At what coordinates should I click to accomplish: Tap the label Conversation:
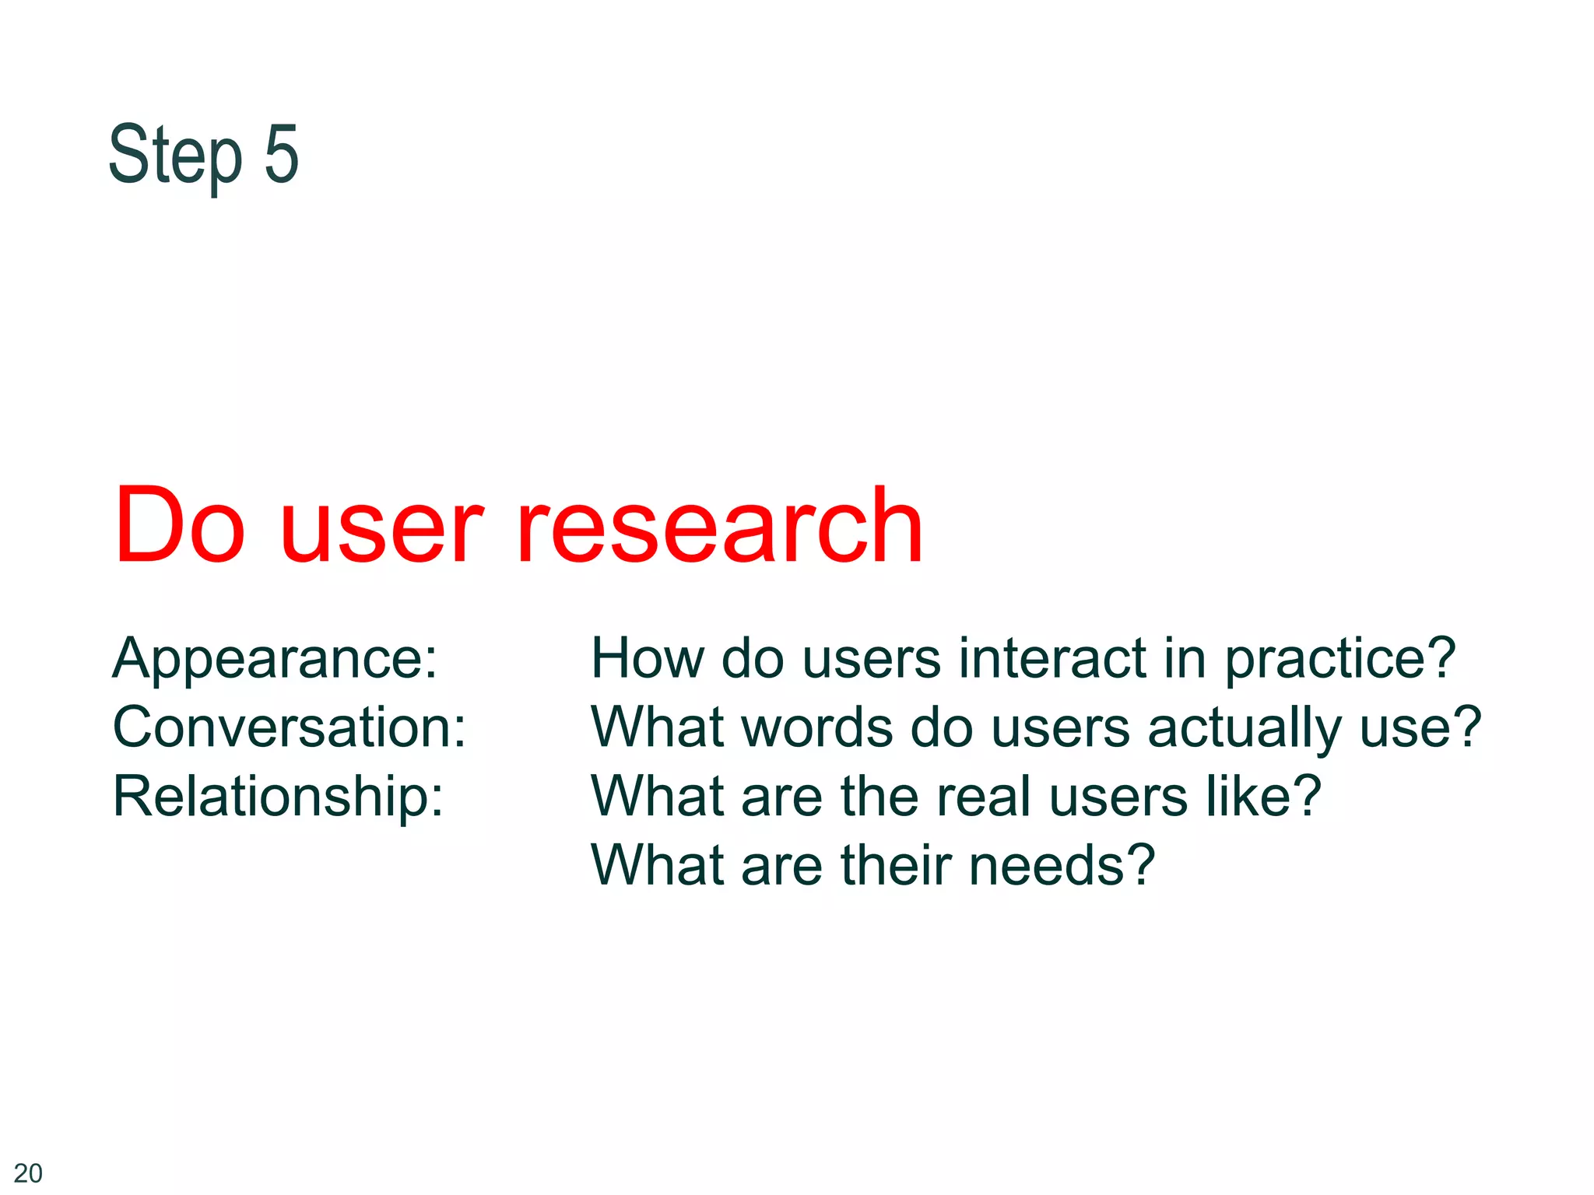coord(290,727)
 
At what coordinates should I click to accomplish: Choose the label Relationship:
coord(279,797)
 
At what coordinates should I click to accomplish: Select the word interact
coord(1053,658)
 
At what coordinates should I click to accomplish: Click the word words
coord(816,727)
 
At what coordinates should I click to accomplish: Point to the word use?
coord(1420,727)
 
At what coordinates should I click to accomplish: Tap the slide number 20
coord(28,1172)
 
